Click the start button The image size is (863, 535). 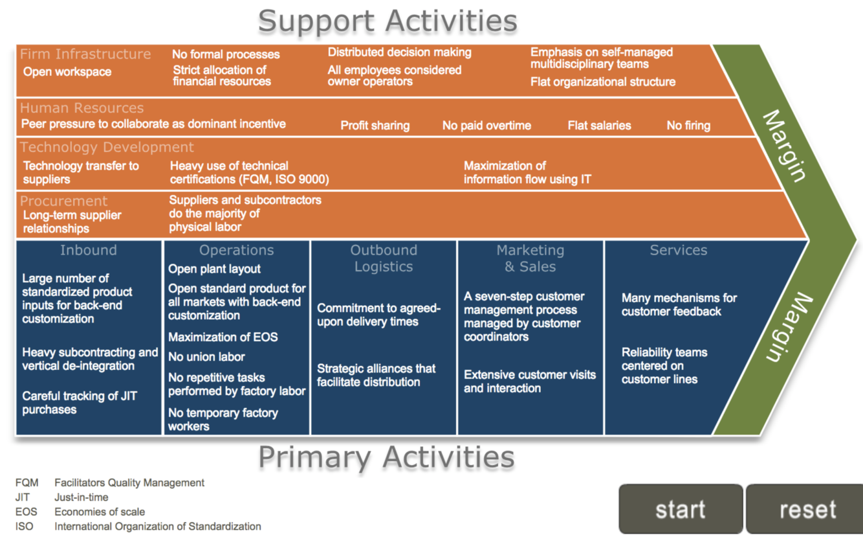pyautogui.click(x=680, y=509)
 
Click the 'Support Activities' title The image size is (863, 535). pyautogui.click(x=387, y=21)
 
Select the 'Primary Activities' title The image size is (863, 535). pyautogui.click(x=386, y=457)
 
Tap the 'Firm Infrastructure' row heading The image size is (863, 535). pyautogui.click(x=85, y=54)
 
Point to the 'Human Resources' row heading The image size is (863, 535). pyautogui.click(x=82, y=108)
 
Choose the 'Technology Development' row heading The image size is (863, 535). pyautogui.click(x=107, y=147)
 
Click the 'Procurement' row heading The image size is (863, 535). pyautogui.click(x=64, y=201)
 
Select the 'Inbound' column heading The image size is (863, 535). pyautogui.click(x=89, y=250)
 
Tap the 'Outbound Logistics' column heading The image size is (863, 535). pyautogui.click(x=384, y=258)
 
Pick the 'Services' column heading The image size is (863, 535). pyautogui.click(x=679, y=250)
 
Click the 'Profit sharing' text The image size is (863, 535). pyautogui.click(x=375, y=126)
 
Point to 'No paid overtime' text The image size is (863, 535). pyautogui.click(x=486, y=126)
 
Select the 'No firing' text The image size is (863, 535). pyautogui.click(x=688, y=126)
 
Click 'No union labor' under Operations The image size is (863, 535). pyautogui.click(x=206, y=357)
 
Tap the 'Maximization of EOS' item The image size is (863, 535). pyautogui.click(x=223, y=337)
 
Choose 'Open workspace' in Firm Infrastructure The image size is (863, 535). pyautogui.click(x=67, y=72)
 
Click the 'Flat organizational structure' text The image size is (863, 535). pyautogui.click(x=603, y=82)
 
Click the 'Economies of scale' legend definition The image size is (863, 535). pyautogui.click(x=100, y=512)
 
